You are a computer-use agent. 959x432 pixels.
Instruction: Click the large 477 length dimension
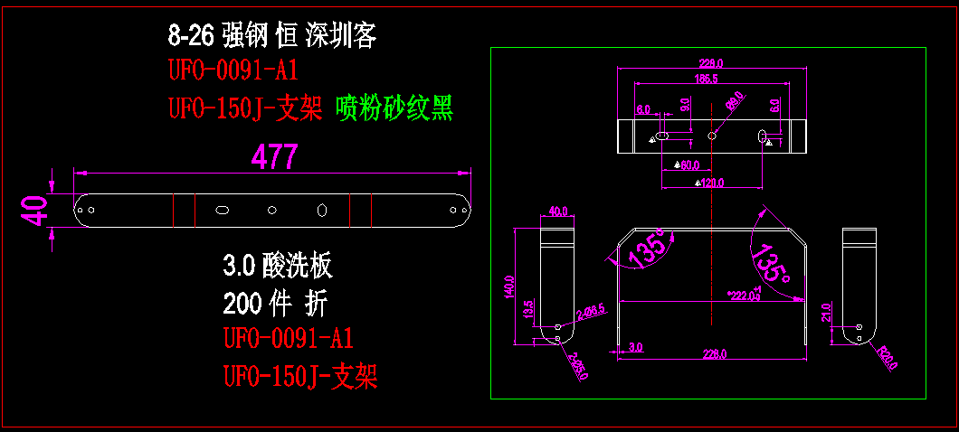[274, 157]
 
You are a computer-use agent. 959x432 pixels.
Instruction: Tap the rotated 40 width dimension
[35, 213]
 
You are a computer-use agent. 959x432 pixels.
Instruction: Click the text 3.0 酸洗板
[278, 266]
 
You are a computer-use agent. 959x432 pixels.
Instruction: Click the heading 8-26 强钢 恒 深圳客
[271, 36]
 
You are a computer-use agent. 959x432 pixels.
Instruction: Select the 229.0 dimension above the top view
[711, 63]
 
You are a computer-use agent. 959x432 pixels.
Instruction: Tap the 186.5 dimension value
[706, 80]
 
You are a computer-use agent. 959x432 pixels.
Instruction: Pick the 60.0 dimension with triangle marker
[688, 165]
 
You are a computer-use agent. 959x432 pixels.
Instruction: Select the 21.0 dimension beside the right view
[825, 313]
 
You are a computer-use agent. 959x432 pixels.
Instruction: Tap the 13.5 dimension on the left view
[529, 309]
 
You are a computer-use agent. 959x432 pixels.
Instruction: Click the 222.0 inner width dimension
[745, 296]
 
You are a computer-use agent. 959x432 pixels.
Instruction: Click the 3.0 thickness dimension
[634, 346]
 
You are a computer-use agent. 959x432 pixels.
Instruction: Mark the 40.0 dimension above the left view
[557, 211]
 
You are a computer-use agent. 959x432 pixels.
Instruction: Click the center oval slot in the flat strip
[221, 210]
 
